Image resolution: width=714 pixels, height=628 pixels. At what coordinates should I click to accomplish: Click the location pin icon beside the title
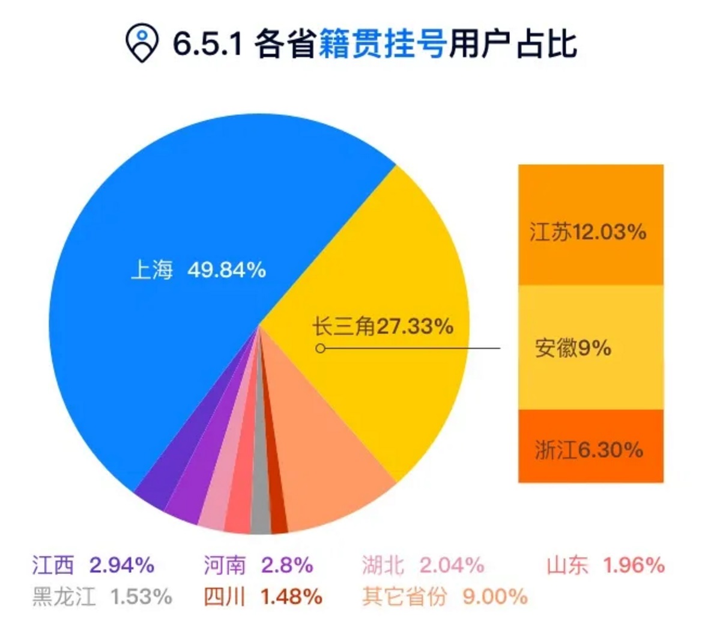(x=142, y=43)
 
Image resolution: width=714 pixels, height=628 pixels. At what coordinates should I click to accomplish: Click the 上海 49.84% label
(x=198, y=270)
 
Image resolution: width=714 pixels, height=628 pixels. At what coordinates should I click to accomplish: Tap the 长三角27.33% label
(x=383, y=327)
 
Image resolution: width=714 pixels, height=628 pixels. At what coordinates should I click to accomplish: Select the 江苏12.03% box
(x=590, y=231)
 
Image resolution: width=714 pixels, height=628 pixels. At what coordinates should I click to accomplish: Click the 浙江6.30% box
(x=590, y=449)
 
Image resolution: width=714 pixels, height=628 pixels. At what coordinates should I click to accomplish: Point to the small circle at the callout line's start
(x=321, y=348)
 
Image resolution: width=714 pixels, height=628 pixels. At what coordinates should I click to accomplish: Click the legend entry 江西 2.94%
(x=93, y=565)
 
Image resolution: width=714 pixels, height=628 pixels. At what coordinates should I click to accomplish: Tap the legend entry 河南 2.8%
(x=258, y=565)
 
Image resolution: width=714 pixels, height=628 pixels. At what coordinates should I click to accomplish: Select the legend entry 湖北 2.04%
(x=423, y=565)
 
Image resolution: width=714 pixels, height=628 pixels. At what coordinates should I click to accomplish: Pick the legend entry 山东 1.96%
(x=605, y=565)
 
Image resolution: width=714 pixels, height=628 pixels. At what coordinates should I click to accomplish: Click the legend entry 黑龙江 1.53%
(x=102, y=596)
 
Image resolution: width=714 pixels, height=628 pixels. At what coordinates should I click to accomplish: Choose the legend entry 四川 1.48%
(x=262, y=596)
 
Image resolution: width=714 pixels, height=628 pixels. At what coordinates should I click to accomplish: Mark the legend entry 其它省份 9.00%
(x=444, y=596)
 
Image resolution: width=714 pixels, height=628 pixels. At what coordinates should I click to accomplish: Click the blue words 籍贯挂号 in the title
(x=382, y=44)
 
